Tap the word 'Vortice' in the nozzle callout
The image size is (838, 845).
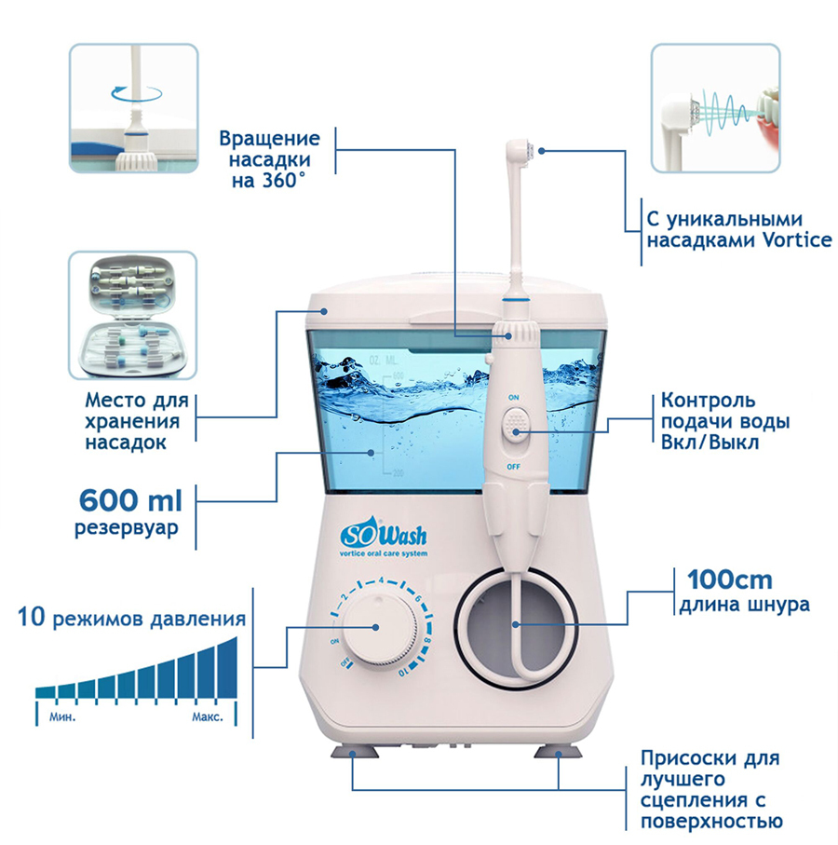point(797,241)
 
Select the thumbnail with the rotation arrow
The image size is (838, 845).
point(133,107)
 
